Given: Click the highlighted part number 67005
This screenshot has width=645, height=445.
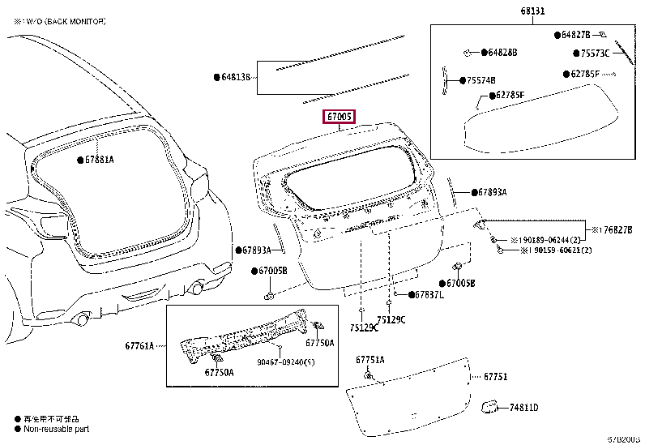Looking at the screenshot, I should click(x=340, y=117).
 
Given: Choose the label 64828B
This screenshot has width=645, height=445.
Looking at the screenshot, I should click(x=502, y=53).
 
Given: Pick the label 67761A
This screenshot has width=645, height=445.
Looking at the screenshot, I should click(x=139, y=345).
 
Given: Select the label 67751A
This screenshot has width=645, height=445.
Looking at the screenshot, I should click(x=369, y=359).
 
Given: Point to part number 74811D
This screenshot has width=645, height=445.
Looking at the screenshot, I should click(x=523, y=408).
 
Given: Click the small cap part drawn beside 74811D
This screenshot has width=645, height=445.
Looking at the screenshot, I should click(x=489, y=406).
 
